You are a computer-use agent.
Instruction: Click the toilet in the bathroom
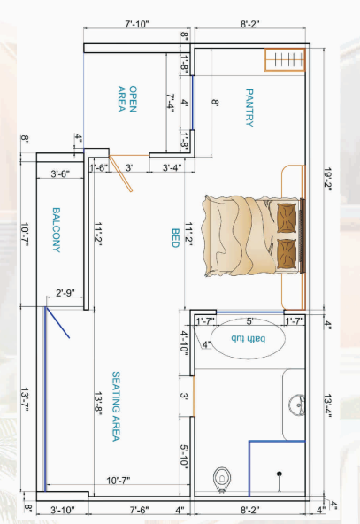click(222, 479)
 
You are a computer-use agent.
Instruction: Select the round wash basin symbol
click(298, 405)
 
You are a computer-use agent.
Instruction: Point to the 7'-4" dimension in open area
click(171, 103)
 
